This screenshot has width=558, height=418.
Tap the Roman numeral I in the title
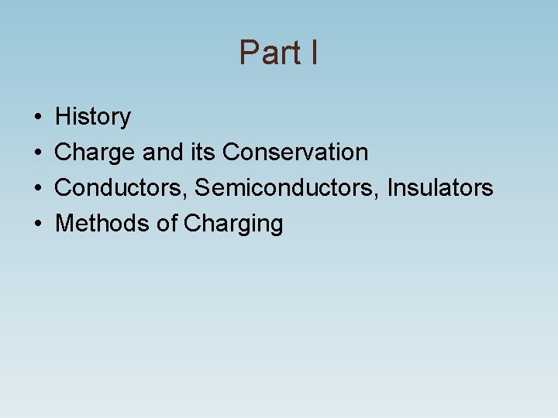(x=312, y=53)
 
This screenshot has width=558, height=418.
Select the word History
(x=93, y=117)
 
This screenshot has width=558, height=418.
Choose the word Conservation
(x=295, y=152)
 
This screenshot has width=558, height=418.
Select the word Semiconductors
(x=287, y=188)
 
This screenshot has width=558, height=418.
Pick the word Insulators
(x=440, y=188)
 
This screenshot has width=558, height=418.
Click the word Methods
(x=102, y=224)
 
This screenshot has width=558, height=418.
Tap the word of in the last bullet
(x=167, y=224)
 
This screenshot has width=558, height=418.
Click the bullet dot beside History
(x=38, y=118)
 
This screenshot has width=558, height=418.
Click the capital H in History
(x=64, y=117)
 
